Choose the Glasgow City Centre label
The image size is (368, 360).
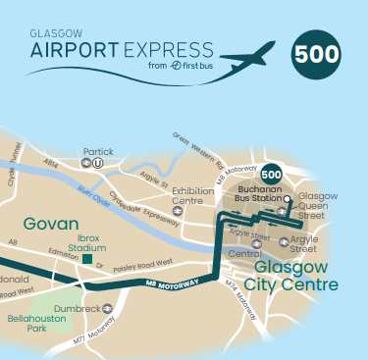296,276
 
